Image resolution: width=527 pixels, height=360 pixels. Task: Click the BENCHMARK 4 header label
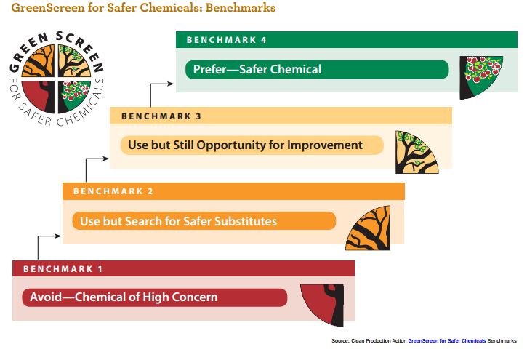(226, 40)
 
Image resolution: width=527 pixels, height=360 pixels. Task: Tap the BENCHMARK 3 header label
(161, 116)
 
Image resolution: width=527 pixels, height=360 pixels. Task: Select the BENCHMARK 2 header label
(113, 191)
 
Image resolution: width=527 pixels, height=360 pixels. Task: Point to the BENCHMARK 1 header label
(63, 269)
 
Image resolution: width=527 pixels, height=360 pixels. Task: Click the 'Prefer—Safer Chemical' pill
(317, 70)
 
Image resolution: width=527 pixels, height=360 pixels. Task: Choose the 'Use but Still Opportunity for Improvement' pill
(252, 145)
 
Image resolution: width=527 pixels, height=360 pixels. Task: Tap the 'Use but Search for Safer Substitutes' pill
(204, 221)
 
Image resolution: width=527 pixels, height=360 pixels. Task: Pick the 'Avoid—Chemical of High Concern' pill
(155, 297)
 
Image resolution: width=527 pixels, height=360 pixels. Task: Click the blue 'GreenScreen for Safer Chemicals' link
(446, 341)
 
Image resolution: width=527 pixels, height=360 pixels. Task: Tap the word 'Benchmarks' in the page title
(241, 7)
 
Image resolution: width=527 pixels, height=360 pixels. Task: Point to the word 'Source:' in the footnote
(340, 341)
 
